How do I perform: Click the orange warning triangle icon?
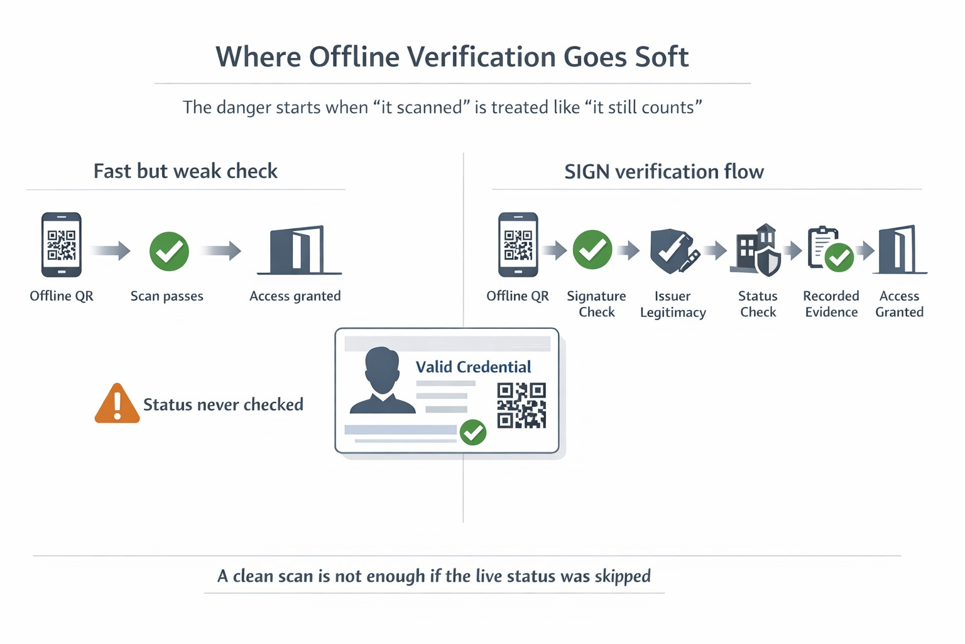pos(117,404)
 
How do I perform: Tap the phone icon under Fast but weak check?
pos(61,245)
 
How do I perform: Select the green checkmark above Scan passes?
pos(169,252)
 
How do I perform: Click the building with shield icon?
pos(758,250)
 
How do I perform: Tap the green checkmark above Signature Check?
pos(592,250)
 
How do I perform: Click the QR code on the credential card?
pos(521,406)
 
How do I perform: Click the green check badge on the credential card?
pos(473,433)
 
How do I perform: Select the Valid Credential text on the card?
pos(473,367)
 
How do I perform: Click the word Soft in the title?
pos(662,57)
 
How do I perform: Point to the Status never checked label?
pos(223,404)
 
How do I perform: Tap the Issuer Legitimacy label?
pos(673,304)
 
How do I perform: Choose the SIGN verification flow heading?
pos(663,172)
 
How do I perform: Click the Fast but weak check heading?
pos(185,171)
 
